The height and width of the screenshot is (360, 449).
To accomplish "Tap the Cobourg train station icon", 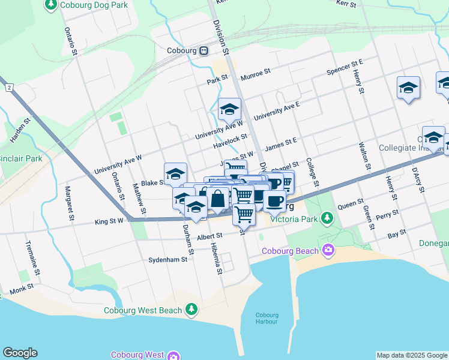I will coord(204,51).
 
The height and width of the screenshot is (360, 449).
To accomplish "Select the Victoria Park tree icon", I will coord(327,217).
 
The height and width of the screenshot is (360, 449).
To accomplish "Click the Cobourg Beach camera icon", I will coord(328,249).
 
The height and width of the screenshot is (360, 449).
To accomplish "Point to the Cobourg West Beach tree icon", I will coord(191,309).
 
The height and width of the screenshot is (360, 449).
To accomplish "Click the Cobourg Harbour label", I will coord(267,319).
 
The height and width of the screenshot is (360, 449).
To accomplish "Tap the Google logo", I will coord(20,353).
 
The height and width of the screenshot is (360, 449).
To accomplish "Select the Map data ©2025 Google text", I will coord(412,355).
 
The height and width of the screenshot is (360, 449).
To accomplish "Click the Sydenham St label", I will coord(167,260).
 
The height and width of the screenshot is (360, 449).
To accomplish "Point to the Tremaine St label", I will coord(33,259).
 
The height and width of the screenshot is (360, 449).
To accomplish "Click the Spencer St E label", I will coord(345,67).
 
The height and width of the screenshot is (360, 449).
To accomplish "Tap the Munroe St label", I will coord(255,74).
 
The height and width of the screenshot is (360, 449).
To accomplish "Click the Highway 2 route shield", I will coord(9,88).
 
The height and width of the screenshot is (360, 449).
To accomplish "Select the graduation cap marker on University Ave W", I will coord(229,109).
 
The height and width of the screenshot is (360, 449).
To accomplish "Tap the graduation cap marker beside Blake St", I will coord(175,173).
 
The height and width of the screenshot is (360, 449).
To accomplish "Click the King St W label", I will coord(109,221).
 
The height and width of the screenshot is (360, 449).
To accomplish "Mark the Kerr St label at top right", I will coord(346,4).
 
